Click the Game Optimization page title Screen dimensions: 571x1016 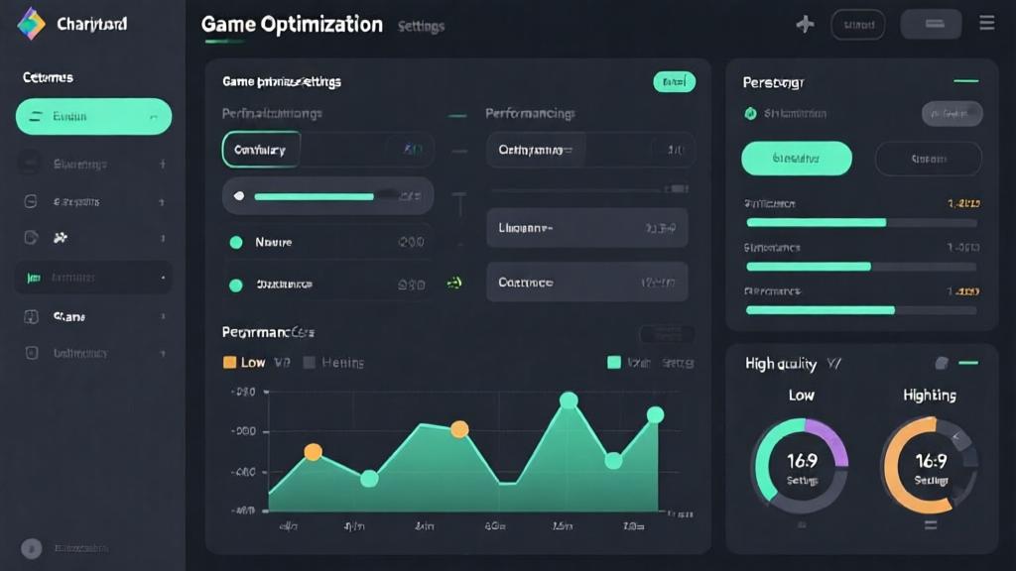[x=292, y=25]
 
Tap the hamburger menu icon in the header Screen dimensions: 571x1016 [x=986, y=23]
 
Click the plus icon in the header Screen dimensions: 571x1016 [x=805, y=24]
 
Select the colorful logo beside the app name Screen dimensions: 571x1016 [x=32, y=24]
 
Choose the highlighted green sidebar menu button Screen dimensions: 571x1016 [x=93, y=117]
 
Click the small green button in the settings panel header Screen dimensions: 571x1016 [x=675, y=81]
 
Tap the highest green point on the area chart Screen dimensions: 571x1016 [x=569, y=400]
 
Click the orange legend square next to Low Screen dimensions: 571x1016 [x=230, y=363]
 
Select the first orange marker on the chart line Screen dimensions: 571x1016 [x=313, y=452]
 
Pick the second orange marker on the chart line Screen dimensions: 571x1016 [x=459, y=429]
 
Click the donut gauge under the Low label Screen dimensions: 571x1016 [x=801, y=464]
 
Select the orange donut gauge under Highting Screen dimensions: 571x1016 [x=930, y=464]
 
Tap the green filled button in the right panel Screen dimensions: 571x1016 [x=797, y=159]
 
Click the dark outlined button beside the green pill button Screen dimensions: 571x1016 [x=928, y=159]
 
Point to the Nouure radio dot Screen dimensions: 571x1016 [x=236, y=242]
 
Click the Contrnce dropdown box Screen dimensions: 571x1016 [x=586, y=283]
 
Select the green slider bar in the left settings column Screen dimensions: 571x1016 [x=314, y=196]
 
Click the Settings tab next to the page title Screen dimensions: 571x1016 [x=421, y=27]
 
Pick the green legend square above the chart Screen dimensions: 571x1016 [x=614, y=363]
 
